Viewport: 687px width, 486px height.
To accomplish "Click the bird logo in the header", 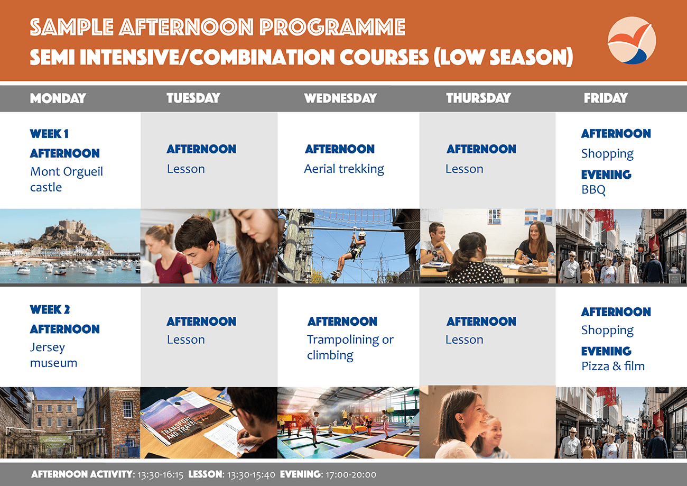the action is pos(632,41).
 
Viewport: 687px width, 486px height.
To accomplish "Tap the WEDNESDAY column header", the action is pos(340,98).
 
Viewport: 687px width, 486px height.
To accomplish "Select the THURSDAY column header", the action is pos(478,98).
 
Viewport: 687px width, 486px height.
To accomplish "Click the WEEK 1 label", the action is pos(49,134).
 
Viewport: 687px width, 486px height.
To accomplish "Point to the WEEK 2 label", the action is pos(50,309).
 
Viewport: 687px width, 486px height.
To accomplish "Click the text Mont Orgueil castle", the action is pos(67,179).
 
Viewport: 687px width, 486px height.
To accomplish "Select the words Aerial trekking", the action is pos(344,169).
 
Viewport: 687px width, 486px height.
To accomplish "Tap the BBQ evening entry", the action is pos(593,190).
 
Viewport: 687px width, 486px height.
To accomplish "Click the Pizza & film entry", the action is pos(613,366).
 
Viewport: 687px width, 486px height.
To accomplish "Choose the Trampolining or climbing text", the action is pos(350,347).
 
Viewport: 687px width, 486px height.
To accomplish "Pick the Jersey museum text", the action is pos(54,355).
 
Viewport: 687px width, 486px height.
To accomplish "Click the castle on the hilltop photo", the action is pos(77,228).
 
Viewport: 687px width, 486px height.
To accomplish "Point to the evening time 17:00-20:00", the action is pos(351,475).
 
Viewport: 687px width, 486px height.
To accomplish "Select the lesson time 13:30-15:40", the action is pos(251,475).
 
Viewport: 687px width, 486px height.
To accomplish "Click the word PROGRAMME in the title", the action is pos(332,27).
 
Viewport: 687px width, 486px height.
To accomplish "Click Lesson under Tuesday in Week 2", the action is pos(186,340).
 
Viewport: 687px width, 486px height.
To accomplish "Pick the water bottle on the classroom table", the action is pos(551,263).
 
